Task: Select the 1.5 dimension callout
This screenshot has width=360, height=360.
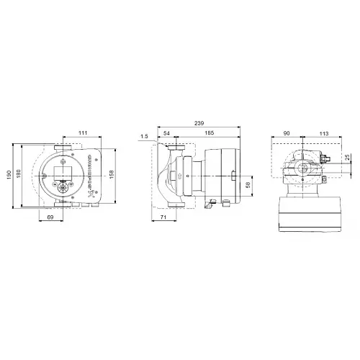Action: [x=145, y=135]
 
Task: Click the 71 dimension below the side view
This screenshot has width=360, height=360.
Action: [x=165, y=216]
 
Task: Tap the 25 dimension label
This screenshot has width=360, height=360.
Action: [x=349, y=158]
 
